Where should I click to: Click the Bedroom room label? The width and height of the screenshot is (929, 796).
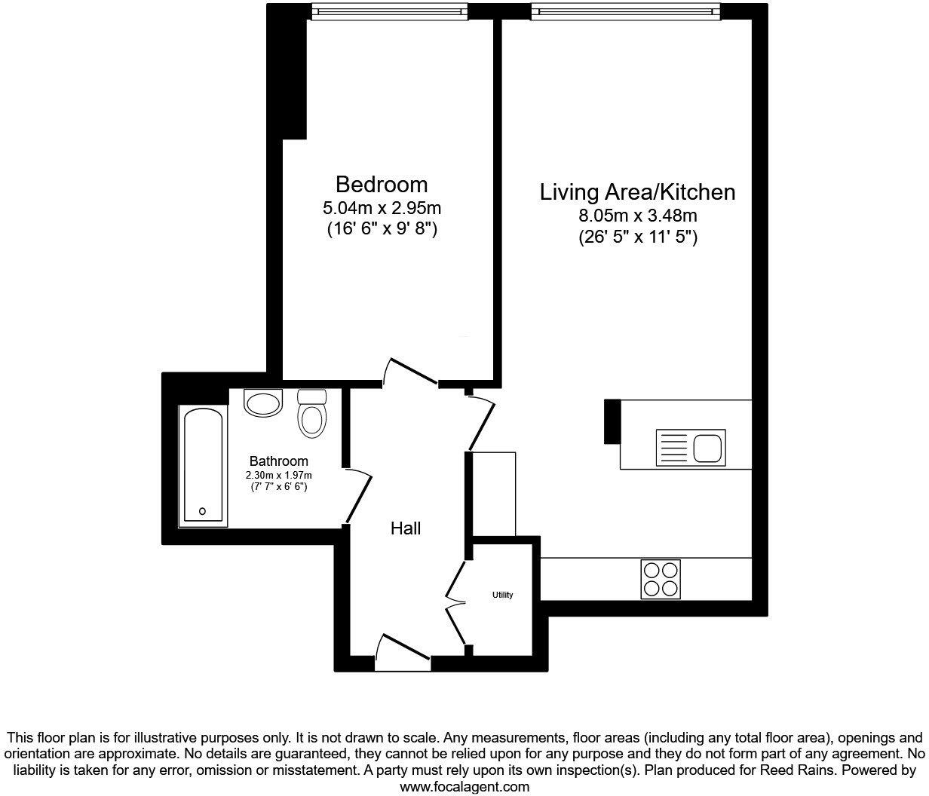[382, 185]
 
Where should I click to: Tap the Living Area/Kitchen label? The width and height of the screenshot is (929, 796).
[637, 192]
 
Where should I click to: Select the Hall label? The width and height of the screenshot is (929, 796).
[406, 528]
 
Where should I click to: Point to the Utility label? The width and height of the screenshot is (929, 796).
[502, 595]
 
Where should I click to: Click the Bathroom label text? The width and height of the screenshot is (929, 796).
[279, 461]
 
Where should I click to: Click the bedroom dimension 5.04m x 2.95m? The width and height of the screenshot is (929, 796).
[382, 208]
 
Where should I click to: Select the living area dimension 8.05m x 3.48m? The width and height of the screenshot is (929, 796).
[637, 216]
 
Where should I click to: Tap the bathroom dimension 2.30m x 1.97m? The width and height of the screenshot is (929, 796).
[279, 476]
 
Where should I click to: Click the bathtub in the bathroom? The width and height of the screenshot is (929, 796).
[203, 466]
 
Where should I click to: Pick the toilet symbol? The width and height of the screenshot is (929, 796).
[311, 413]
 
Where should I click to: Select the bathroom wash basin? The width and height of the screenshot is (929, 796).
[262, 402]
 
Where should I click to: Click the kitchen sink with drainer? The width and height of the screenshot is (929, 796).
[691, 448]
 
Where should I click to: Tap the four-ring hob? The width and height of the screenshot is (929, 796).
[661, 579]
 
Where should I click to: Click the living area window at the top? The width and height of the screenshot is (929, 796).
[625, 11]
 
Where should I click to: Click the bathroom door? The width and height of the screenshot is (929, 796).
[357, 496]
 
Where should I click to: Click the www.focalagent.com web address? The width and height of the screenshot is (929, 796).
[464, 787]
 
